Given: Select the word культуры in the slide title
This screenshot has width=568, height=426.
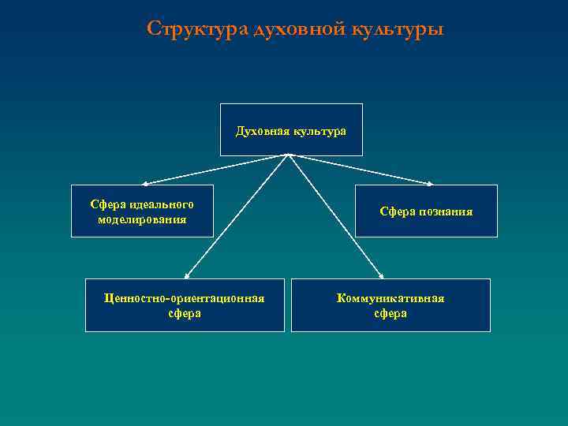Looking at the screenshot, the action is coord(400,30).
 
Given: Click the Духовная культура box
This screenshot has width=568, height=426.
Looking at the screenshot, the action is coord(291,129).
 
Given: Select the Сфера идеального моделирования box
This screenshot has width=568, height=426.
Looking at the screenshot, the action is coord(142,211).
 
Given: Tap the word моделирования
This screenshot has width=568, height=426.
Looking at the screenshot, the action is coord(142,219).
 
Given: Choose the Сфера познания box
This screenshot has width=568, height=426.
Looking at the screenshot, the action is coord(426,211).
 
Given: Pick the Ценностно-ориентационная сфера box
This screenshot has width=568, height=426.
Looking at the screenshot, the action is coord(185,305).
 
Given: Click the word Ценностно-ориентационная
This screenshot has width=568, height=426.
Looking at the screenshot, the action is coord(185,298).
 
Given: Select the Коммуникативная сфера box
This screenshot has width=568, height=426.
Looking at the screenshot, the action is coord(390,305).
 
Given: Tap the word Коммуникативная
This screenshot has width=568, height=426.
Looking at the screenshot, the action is coord(390,298).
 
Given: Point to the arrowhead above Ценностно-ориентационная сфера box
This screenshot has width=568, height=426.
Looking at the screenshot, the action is coord(187,276).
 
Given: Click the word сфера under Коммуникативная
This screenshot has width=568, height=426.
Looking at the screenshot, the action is coord(390,313).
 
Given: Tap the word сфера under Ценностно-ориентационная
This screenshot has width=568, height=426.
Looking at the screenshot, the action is coord(185,313).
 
